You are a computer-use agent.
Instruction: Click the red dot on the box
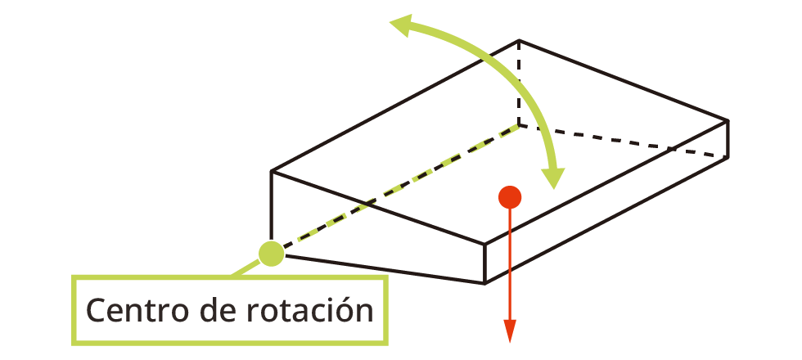[510, 196]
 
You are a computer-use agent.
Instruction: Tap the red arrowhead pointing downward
[510, 331]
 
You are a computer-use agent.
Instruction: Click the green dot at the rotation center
[271, 254]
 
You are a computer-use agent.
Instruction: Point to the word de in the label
[211, 311]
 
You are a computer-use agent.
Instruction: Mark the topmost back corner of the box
[519, 40]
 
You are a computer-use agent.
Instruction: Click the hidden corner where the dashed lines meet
[519, 125]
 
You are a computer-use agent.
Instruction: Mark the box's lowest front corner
[485, 283]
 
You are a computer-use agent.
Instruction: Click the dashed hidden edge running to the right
[622, 140]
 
